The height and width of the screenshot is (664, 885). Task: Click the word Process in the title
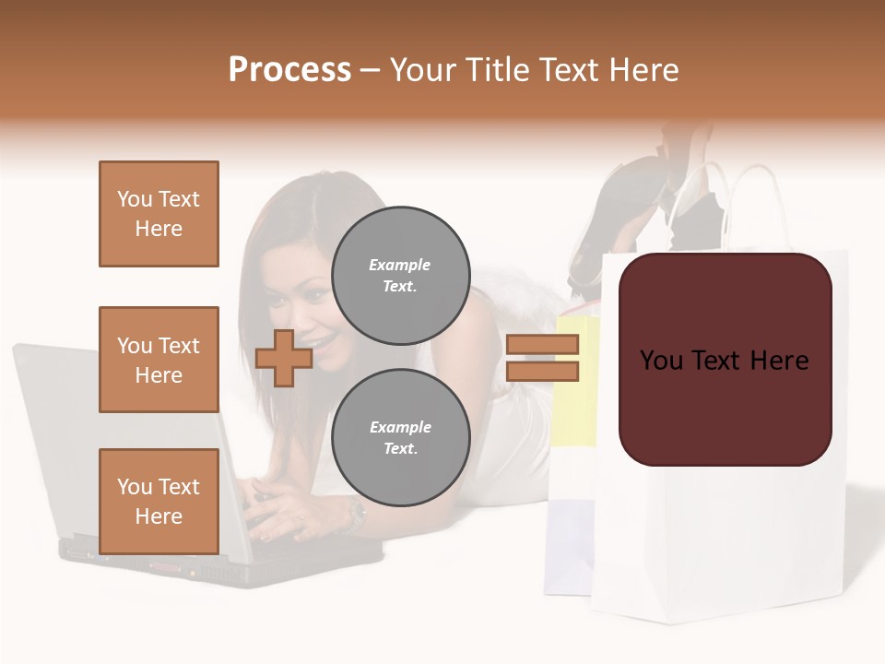click(x=289, y=70)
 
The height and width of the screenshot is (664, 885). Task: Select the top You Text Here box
click(x=159, y=214)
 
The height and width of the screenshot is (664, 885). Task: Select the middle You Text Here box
click(x=159, y=360)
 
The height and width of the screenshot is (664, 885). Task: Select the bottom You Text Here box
click(x=159, y=501)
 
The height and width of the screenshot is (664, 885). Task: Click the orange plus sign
click(x=284, y=358)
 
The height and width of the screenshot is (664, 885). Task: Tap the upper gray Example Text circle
click(x=400, y=276)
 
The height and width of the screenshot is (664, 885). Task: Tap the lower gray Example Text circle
click(x=400, y=437)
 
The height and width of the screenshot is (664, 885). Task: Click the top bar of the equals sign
click(x=542, y=345)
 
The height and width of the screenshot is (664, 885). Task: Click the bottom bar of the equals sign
click(x=542, y=371)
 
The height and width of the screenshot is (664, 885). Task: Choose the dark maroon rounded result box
click(x=725, y=360)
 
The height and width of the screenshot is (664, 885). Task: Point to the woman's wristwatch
click(x=356, y=515)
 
